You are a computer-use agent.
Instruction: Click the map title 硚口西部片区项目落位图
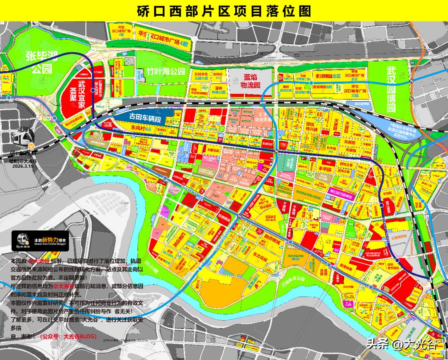coord(224,10)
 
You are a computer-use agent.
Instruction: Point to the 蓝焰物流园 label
coord(251,81)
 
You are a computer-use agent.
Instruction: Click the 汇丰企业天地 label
coord(264,117)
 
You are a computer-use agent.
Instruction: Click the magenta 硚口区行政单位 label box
coord(342,191)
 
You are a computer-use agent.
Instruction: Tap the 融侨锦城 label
coord(273,242)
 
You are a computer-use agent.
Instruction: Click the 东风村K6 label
coord(141,130)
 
